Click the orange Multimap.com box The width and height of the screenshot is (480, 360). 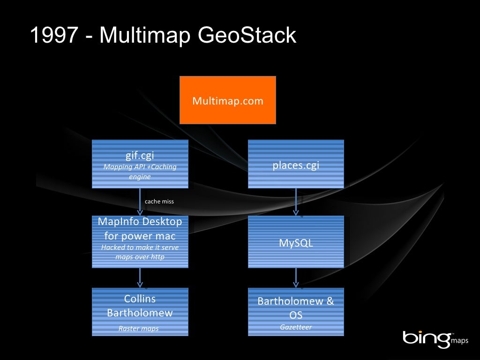point(228,100)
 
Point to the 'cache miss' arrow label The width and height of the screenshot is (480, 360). point(159,202)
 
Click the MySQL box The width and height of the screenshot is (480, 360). point(296,243)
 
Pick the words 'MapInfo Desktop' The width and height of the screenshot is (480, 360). point(140,221)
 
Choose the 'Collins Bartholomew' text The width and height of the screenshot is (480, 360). point(140,306)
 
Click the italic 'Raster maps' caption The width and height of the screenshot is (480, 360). point(139,329)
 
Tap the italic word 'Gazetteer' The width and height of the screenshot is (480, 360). point(296,327)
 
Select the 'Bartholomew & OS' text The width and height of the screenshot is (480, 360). point(296,307)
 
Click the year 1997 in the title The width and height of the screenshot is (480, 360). point(53,36)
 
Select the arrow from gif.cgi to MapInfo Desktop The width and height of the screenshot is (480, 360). point(140,202)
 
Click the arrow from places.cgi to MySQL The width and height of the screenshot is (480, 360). point(296,202)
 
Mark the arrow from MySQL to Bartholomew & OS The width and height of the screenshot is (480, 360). point(296,277)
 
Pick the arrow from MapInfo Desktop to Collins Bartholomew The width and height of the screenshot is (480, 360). point(140,277)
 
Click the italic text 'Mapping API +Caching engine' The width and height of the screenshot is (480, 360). point(140,172)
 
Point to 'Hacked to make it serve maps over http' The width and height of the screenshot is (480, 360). point(140,252)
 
